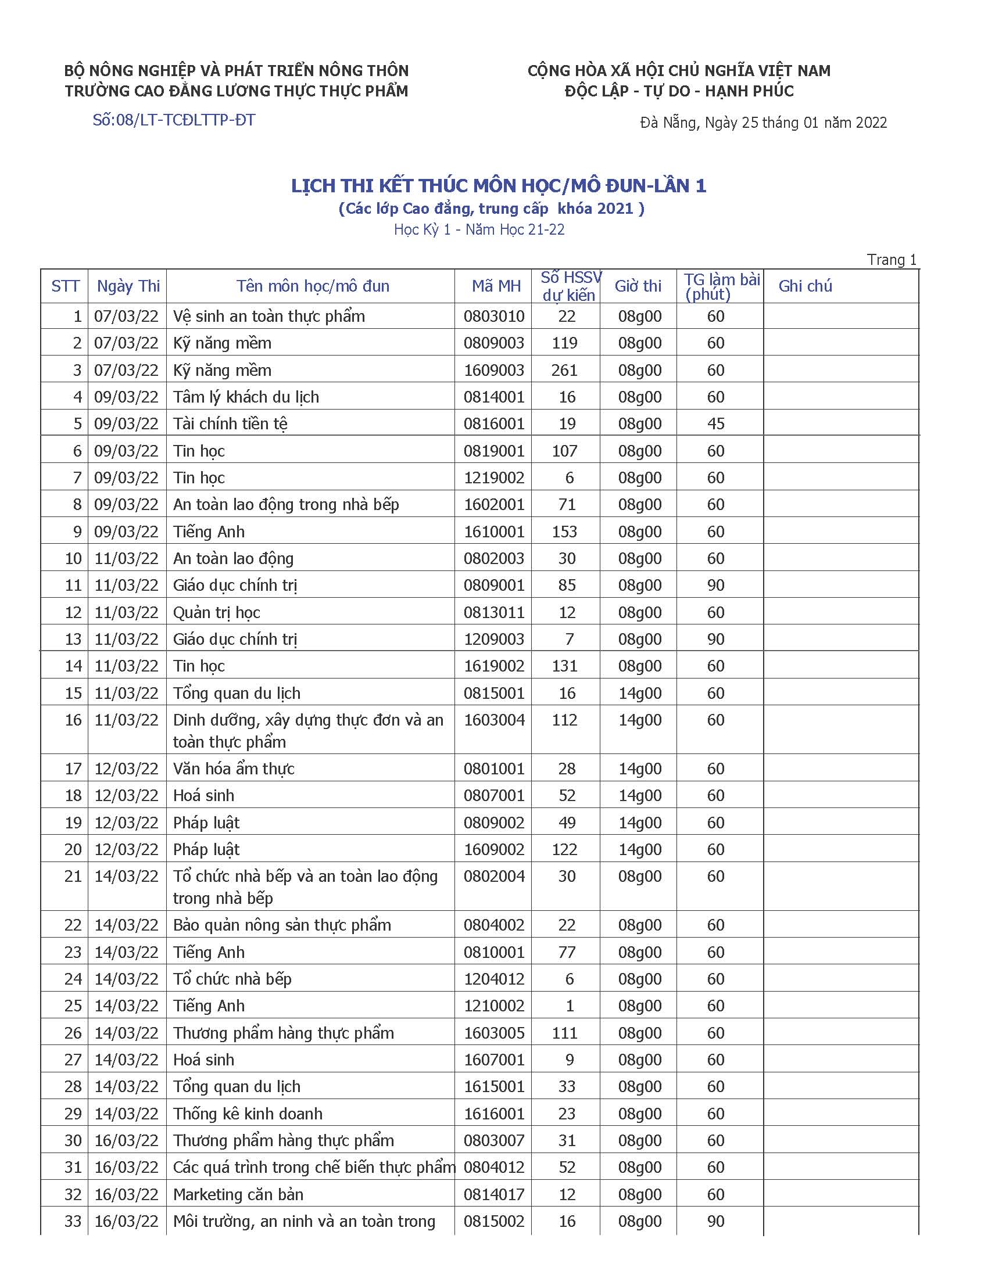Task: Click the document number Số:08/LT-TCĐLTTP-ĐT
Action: click(x=174, y=120)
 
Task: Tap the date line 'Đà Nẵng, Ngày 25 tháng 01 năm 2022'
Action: click(x=763, y=123)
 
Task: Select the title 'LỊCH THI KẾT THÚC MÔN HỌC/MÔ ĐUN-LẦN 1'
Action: click(x=499, y=185)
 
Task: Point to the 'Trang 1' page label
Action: click(x=892, y=260)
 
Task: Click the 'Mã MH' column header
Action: click(x=496, y=286)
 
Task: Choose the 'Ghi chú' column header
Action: click(x=805, y=286)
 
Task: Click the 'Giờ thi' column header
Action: click(x=638, y=286)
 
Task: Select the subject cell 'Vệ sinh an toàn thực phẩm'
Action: click(x=269, y=316)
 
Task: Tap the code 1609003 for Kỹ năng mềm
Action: click(x=494, y=370)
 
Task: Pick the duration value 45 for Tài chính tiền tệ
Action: click(x=715, y=423)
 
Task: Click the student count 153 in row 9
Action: click(x=564, y=532)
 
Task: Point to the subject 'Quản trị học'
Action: click(x=217, y=612)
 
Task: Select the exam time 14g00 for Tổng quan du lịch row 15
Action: click(x=640, y=693)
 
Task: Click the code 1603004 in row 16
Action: click(x=494, y=720)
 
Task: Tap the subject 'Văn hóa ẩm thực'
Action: click(x=234, y=769)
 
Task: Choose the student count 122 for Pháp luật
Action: click(x=564, y=849)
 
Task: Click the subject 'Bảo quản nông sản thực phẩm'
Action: click(x=281, y=925)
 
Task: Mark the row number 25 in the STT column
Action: click(x=73, y=1006)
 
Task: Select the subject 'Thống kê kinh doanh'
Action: click(x=248, y=1113)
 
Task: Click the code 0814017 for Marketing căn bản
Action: click(x=494, y=1194)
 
